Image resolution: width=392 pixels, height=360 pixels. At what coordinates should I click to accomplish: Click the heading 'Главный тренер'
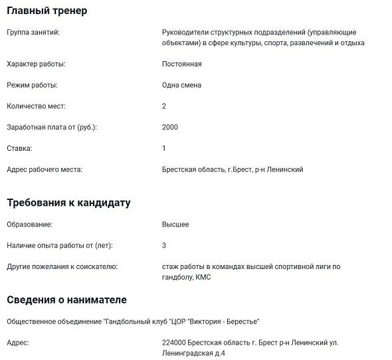pos(47,11)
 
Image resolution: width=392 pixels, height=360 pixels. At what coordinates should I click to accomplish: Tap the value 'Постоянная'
pos(181,64)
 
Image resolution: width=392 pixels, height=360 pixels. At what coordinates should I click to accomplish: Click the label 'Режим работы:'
pos(32,85)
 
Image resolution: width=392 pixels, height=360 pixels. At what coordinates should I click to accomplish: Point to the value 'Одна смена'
pos(181,85)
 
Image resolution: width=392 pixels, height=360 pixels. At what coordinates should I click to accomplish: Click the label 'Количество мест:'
pos(36,106)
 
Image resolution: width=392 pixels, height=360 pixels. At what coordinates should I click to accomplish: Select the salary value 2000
pos(170,127)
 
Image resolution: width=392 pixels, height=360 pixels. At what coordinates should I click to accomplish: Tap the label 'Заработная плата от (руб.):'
pos(52,127)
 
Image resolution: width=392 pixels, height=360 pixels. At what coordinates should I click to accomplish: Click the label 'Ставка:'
pos(19,148)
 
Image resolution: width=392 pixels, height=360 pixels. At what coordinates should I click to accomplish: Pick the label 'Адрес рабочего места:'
pos(44,169)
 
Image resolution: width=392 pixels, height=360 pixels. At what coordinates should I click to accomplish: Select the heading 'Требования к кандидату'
pos(68,203)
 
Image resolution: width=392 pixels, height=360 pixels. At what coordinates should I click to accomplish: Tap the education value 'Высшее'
pos(175,225)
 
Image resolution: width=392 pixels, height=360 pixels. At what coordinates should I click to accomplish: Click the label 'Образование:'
pos(29,225)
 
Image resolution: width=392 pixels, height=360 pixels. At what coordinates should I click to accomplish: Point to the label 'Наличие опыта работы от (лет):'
pos(59,246)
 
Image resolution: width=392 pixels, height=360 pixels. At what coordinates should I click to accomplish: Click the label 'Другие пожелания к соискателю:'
pos(62,266)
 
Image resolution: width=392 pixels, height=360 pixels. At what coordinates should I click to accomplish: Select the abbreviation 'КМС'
pos(204,277)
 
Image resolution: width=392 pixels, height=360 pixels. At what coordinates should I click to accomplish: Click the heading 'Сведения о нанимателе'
pos(66,300)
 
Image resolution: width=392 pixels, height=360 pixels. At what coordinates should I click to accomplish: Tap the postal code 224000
pos(174,343)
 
